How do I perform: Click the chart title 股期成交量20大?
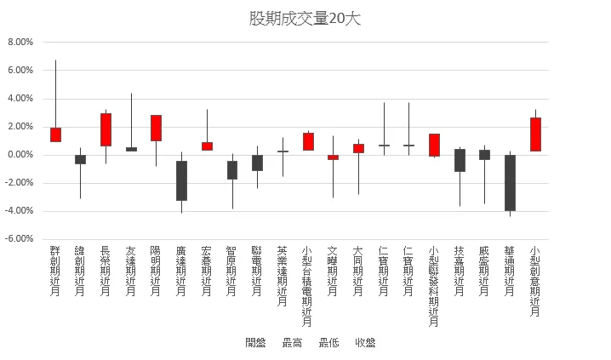(305, 19)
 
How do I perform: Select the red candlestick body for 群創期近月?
(55, 134)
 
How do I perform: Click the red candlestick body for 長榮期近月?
(106, 129)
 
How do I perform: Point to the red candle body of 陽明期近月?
(156, 128)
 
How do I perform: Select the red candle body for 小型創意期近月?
(535, 134)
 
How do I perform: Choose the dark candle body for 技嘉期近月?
(460, 160)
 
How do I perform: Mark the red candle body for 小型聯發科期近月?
(434, 145)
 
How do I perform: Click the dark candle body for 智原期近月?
(231, 170)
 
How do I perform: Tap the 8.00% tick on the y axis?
(20, 42)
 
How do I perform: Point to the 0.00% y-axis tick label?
(20, 155)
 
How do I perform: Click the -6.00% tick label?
(19, 239)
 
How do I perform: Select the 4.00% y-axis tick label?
(20, 99)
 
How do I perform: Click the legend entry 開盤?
(255, 343)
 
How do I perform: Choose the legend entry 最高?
(292, 343)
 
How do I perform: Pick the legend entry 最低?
(328, 343)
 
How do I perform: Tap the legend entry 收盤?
(366, 343)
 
